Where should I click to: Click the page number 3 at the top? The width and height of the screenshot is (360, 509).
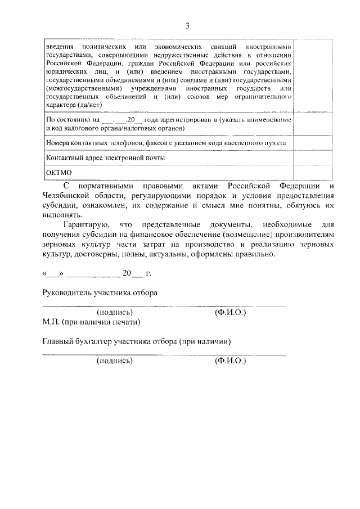pyautogui.click(x=187, y=25)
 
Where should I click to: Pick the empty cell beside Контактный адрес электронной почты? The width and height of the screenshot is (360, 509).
pyautogui.click(x=312, y=158)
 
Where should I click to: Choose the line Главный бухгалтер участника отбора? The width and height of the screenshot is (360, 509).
pyautogui.click(x=137, y=341)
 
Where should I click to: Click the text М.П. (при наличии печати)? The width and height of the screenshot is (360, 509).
pyautogui.click(x=91, y=322)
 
